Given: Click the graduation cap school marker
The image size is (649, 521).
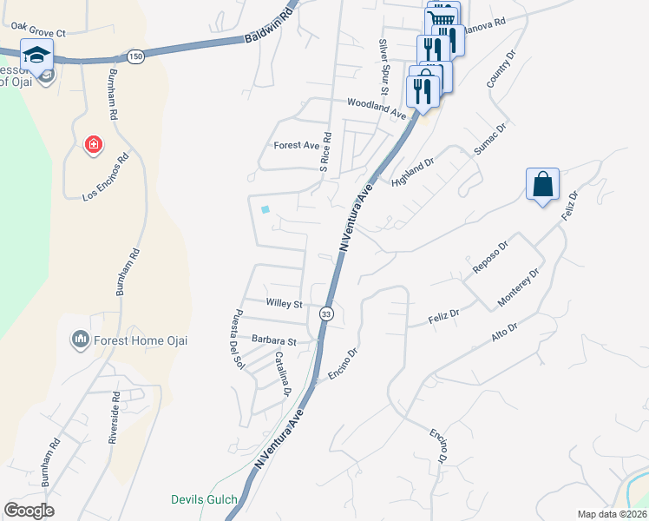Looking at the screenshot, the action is (x=37, y=56).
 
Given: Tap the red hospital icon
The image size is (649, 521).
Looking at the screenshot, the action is (x=92, y=144).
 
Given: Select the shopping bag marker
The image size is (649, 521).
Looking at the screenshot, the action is (x=542, y=185).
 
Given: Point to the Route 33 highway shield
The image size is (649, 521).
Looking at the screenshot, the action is (x=326, y=313).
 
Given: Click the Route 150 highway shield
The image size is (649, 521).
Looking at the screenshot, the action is (x=134, y=56).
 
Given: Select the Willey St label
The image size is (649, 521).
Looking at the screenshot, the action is (x=285, y=305).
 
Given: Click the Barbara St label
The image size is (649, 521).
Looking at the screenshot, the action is (x=274, y=340).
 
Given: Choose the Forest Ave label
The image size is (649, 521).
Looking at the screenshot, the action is (x=297, y=145).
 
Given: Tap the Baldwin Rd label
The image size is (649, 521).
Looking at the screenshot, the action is (x=271, y=28).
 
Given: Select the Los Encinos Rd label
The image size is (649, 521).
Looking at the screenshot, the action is (x=106, y=177).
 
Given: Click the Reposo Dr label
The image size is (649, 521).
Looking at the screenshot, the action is (x=488, y=261).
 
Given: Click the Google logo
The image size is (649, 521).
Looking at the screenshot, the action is (x=29, y=511).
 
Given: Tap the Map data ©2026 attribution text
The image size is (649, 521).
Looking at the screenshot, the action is (x=612, y=514).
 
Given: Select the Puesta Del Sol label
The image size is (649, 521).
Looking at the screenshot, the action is (x=236, y=339).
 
